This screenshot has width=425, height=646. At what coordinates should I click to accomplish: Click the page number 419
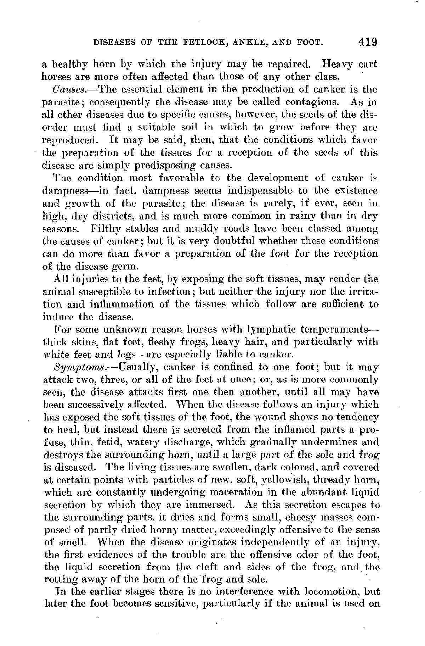[x=368, y=42]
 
